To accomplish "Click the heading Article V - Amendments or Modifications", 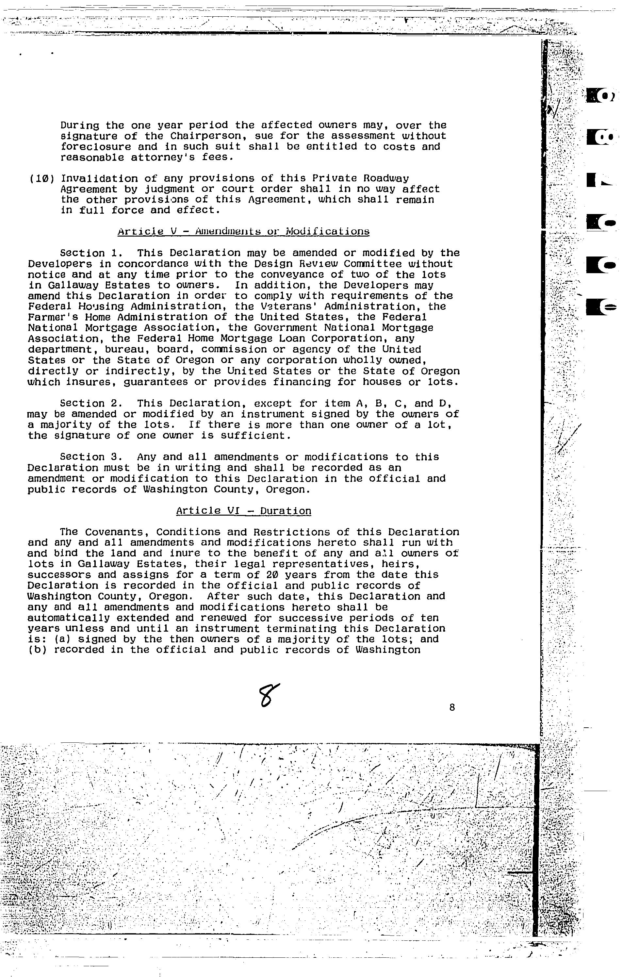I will point(243,231).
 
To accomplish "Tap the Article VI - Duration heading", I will point(243,511).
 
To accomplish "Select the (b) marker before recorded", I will point(38,650).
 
